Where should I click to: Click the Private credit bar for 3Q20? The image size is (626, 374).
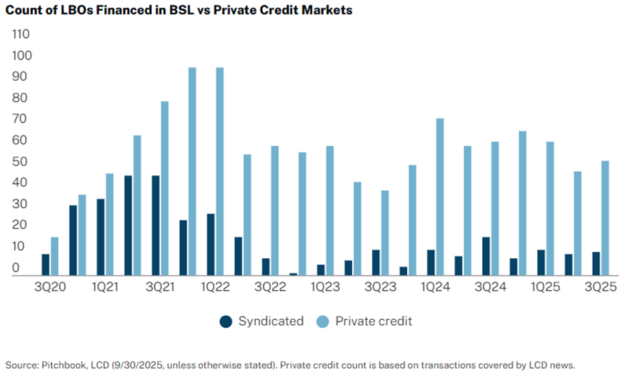[x=55, y=256]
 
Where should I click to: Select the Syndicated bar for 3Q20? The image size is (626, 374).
[x=45, y=264]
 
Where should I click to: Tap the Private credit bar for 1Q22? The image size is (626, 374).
[x=219, y=171]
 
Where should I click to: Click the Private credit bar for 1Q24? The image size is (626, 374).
[x=440, y=196]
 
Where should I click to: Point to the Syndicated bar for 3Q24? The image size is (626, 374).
[x=486, y=256]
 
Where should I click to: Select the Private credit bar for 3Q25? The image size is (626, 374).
[x=605, y=217]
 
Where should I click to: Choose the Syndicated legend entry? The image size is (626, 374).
[x=262, y=321]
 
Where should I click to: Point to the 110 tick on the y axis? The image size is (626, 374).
[x=22, y=33]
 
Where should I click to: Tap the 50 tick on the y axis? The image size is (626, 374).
[x=22, y=161]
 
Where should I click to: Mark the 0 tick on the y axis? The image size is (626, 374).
[x=17, y=268]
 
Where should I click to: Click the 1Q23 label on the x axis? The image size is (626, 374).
[x=324, y=286]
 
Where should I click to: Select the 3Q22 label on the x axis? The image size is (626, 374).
[x=270, y=286]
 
